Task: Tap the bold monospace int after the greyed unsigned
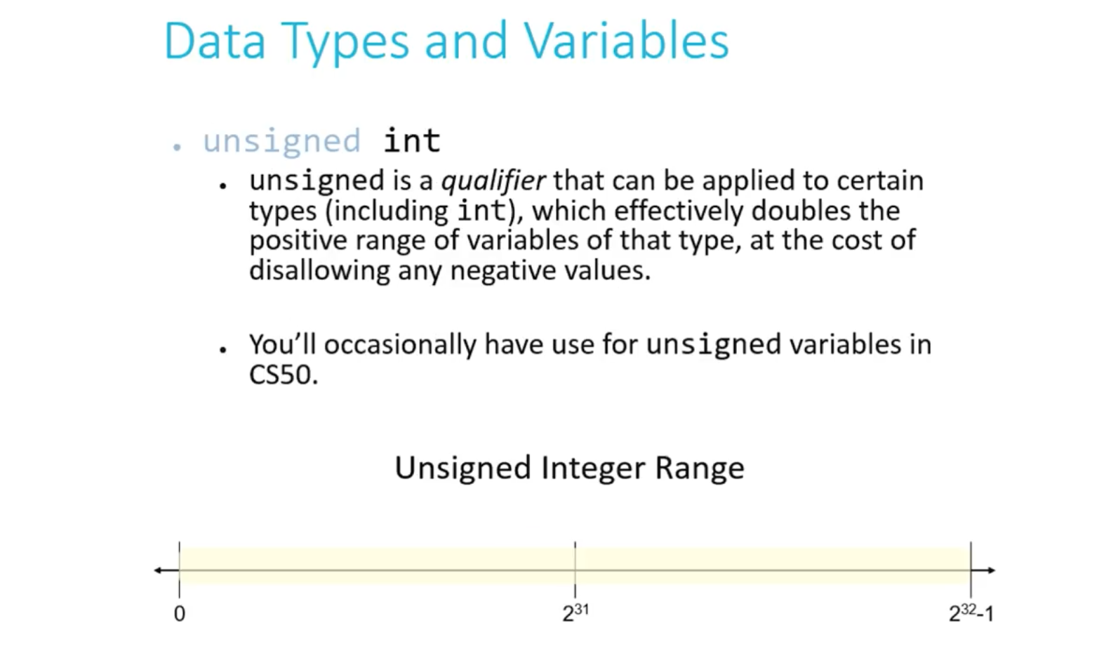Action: [x=412, y=140]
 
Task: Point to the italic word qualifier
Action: [x=493, y=181]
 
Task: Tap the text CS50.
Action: [x=283, y=374]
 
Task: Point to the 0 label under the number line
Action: [x=180, y=613]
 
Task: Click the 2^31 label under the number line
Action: [x=575, y=613]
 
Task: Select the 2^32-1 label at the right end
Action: [x=971, y=613]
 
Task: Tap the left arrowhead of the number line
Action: [x=158, y=570]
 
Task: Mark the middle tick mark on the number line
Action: [x=575, y=570]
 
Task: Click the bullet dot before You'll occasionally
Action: [x=222, y=349]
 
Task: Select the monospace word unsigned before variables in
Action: [x=714, y=345]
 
